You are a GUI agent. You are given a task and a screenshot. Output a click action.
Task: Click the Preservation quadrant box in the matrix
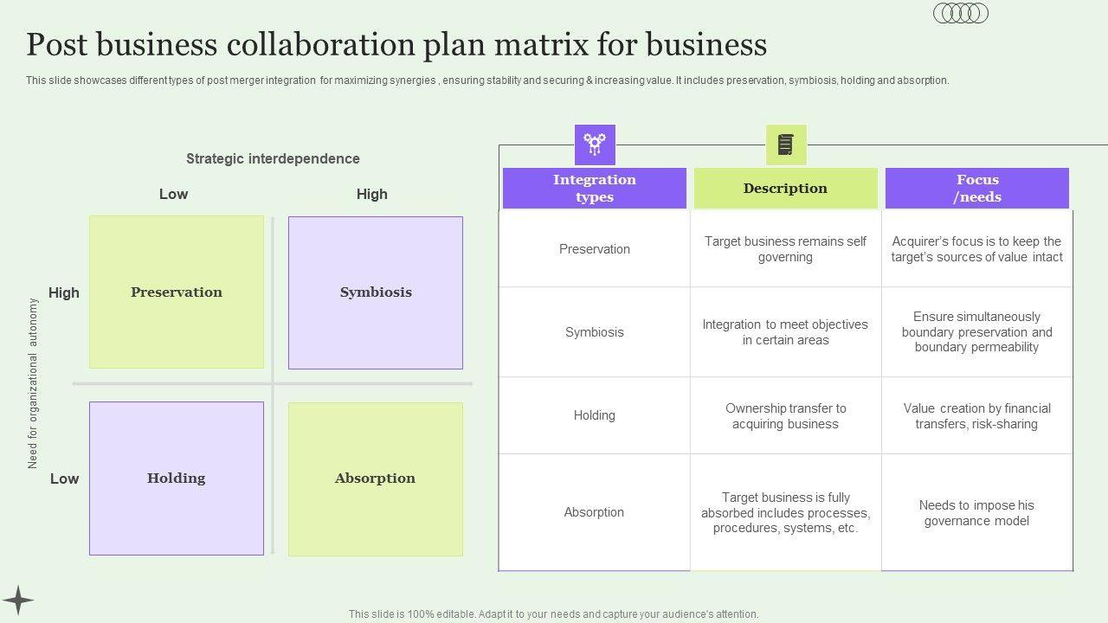point(177,292)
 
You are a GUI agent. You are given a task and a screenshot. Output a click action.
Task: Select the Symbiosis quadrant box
point(376,292)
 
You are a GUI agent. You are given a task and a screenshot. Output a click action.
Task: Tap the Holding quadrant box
point(177,478)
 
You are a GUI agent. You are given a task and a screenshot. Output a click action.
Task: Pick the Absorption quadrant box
point(376,478)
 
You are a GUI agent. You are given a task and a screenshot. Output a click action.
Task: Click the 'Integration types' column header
point(595,188)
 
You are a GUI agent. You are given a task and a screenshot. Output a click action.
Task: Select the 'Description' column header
point(785,188)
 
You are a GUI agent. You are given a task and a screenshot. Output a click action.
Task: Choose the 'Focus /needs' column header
point(977,188)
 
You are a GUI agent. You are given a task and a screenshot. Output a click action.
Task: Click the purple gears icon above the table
point(595,145)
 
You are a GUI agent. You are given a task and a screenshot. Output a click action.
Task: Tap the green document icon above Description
point(785,145)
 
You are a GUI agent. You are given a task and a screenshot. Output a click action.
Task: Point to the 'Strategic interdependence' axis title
point(273,158)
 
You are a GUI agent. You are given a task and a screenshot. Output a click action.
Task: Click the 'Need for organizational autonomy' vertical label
point(33,383)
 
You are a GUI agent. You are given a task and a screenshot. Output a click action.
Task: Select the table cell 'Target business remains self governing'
point(785,249)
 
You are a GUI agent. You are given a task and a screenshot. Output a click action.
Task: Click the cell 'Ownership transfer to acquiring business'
point(785,416)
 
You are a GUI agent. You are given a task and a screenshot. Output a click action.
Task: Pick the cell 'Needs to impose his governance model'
point(976,513)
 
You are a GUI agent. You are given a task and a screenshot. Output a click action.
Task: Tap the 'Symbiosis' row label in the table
point(595,332)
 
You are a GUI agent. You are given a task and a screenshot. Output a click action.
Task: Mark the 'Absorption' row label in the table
point(595,512)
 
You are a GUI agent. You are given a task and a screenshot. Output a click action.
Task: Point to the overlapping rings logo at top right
point(961,13)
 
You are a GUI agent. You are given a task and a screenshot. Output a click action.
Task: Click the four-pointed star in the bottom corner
point(17,601)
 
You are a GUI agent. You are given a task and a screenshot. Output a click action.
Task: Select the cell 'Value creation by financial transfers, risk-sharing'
point(976,416)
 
